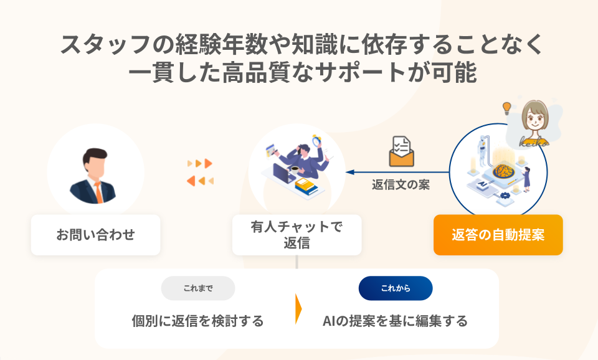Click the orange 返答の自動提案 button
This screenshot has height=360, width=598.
tap(498, 235)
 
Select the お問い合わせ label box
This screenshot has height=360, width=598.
tap(95, 235)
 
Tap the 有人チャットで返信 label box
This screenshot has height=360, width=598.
tap(297, 235)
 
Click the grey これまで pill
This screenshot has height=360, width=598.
tap(198, 288)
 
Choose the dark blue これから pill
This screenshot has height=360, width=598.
tap(396, 288)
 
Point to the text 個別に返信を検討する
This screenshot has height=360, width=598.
tap(198, 321)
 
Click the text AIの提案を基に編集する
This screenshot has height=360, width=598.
tap(395, 321)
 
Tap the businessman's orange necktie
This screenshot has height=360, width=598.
tap(98, 192)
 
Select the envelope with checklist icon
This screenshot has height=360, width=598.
tap(401, 151)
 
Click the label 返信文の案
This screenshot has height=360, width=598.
tap(401, 185)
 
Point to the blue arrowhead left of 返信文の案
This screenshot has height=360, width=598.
tap(350, 173)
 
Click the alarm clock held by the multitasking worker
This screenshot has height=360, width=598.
tap(317, 140)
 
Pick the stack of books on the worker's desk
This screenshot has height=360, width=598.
tap(305, 185)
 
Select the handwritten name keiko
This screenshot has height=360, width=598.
tap(534, 141)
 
